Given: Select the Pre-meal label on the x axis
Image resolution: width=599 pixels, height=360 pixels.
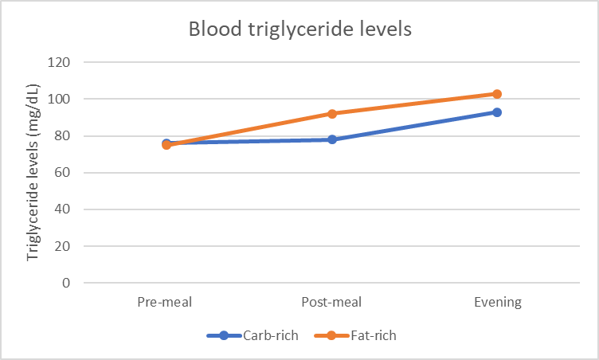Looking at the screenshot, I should pos(165,302).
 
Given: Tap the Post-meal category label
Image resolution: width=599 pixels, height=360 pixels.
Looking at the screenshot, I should pos(331,302).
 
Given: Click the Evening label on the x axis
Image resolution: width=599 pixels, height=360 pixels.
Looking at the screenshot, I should pos(497,302).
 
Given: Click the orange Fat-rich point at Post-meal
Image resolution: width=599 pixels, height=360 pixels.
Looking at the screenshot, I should pos(331,114).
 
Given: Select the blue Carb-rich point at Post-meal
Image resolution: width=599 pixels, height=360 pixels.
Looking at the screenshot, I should pos(331,139).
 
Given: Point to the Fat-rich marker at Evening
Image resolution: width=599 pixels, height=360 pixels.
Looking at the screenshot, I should pos(497,94).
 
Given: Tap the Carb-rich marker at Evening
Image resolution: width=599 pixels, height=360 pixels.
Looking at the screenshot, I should pos(497,112).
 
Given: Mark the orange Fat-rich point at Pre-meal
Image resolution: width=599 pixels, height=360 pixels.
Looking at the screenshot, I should pos(166,145).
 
